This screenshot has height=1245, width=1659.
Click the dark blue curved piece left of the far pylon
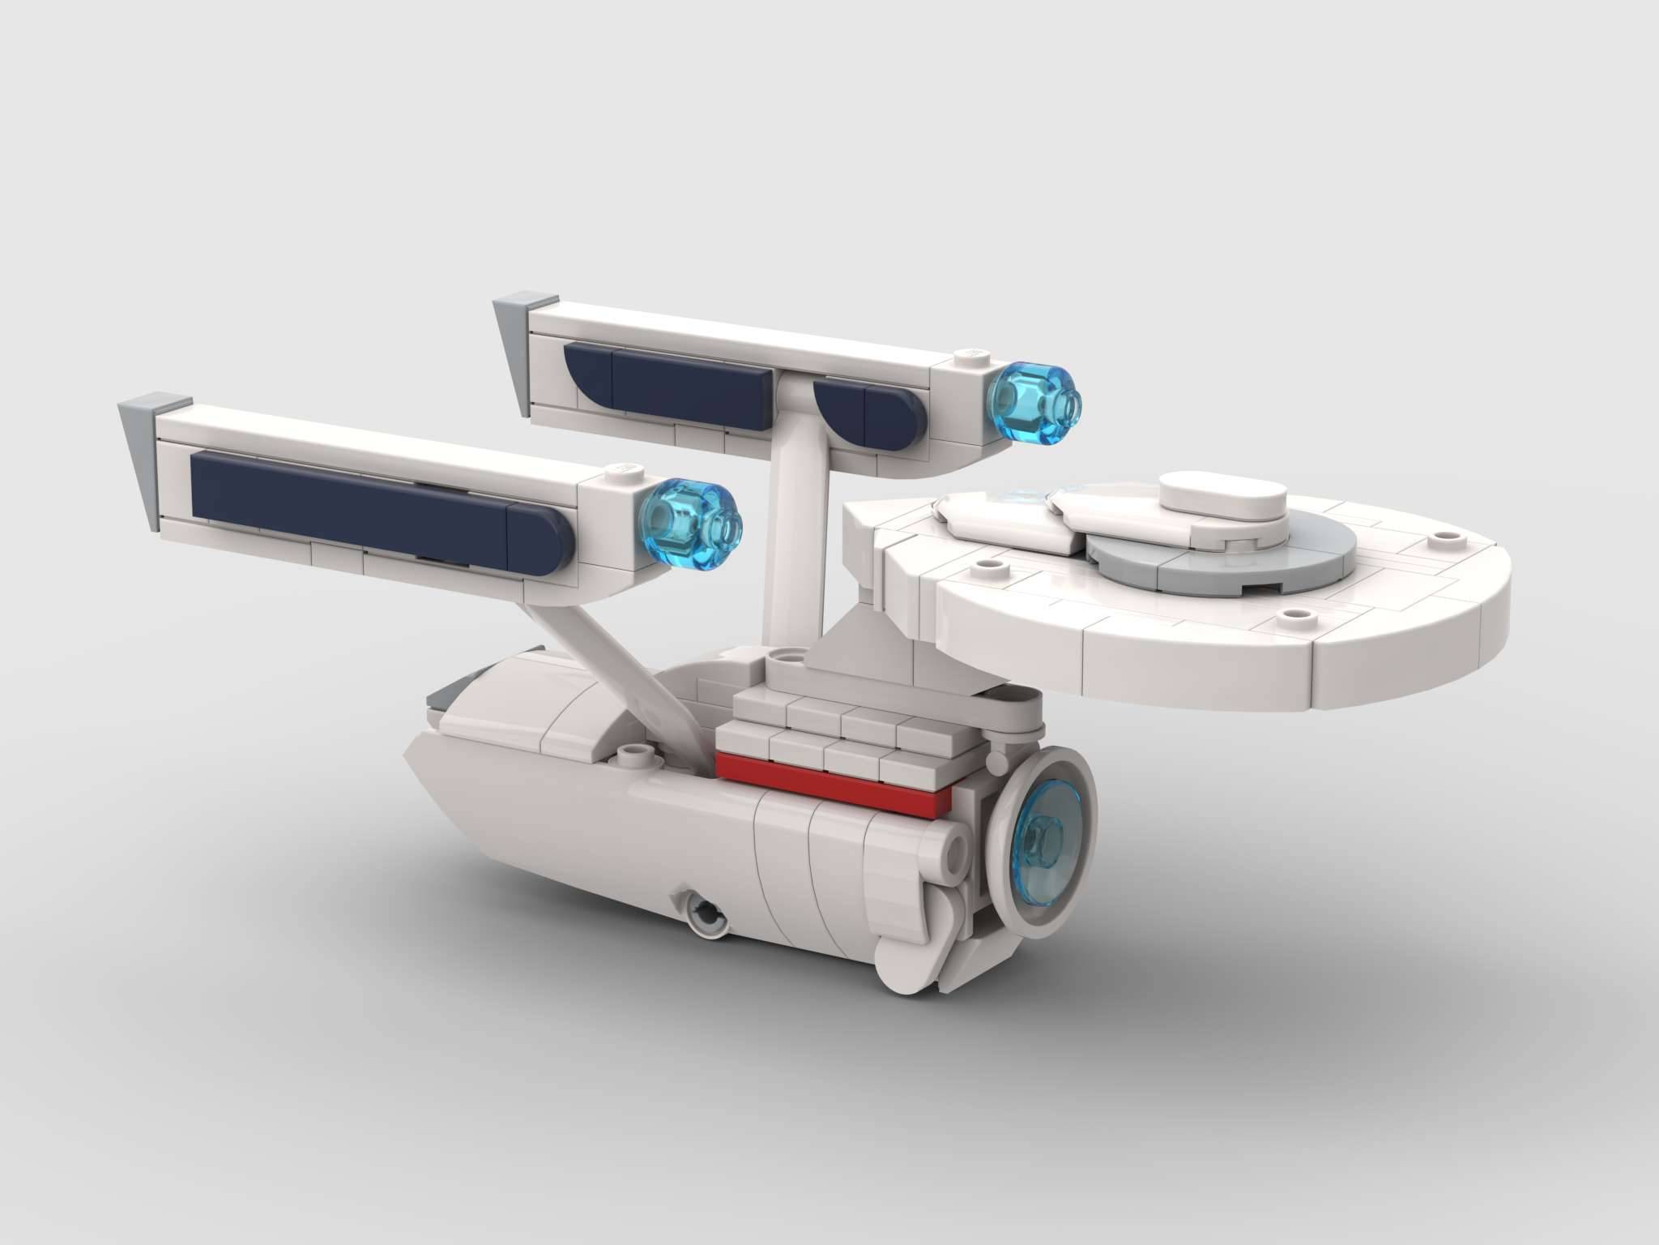(590, 375)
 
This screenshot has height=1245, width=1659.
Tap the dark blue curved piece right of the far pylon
(842, 403)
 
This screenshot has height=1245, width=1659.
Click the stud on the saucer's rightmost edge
(1444, 537)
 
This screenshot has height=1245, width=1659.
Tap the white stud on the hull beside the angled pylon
(633, 755)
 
